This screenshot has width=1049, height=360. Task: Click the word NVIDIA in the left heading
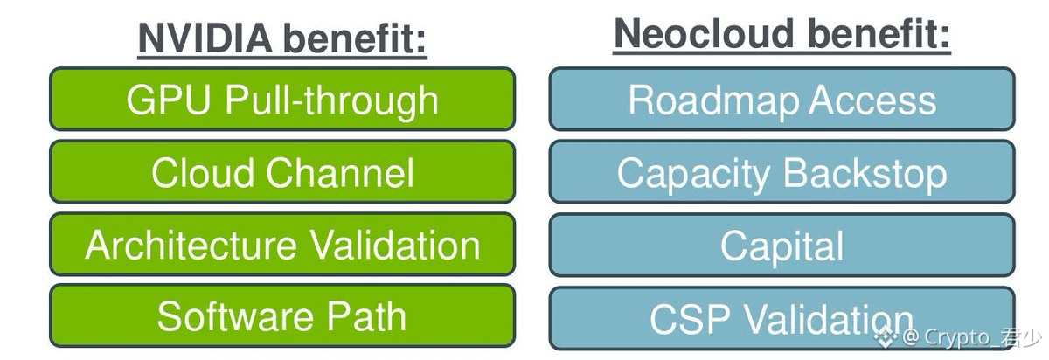(205, 38)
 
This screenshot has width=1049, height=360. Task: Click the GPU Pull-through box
(282, 99)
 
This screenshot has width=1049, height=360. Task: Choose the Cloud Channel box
(282, 171)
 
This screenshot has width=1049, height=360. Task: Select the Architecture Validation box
(282, 244)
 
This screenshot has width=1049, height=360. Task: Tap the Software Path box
(282, 315)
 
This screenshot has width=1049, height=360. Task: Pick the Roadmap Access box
(782, 99)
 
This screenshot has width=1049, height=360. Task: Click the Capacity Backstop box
(782, 171)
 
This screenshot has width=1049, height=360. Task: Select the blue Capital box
(782, 245)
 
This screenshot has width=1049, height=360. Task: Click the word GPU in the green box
(168, 100)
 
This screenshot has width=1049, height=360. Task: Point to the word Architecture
(191, 245)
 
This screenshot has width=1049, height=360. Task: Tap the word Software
(235, 316)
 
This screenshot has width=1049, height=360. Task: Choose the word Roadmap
(713, 100)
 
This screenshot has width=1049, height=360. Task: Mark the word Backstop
(865, 174)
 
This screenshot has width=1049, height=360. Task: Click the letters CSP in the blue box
(690, 319)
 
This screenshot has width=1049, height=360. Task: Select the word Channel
(340, 172)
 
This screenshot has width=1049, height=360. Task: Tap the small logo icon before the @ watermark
(886, 337)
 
